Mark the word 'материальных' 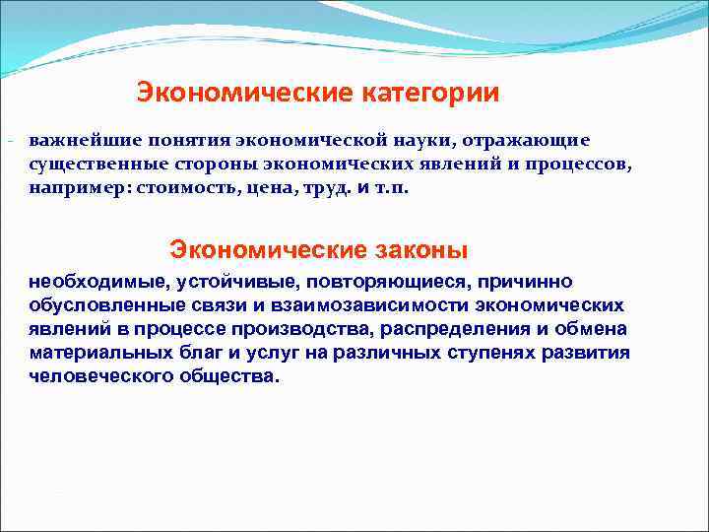coord(91,353)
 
